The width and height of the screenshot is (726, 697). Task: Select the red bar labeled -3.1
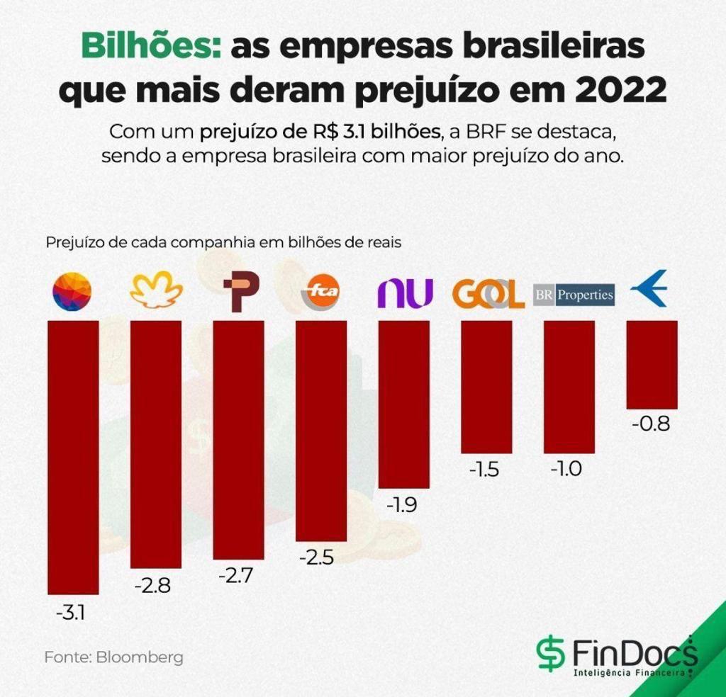(73, 457)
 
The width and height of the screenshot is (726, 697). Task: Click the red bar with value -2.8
(156, 444)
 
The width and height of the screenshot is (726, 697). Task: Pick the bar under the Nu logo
(404, 404)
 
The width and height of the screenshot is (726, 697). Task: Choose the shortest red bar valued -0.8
(652, 364)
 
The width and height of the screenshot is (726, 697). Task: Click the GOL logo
(488, 294)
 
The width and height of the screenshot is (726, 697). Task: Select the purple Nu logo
(404, 293)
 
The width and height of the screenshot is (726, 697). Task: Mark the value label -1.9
(401, 505)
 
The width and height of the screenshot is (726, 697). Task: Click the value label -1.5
(485, 470)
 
